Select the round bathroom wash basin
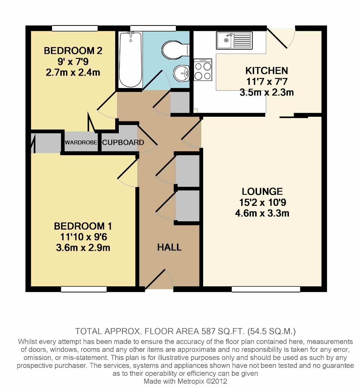point(181,74)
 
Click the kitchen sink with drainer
point(234,40)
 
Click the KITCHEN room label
point(266,70)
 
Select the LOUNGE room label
point(262,191)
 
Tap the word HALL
point(169,247)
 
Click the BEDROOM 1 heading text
point(83,226)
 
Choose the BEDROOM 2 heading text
point(73,51)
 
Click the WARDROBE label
point(81,143)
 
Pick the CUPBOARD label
point(123,143)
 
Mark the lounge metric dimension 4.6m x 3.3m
point(262,214)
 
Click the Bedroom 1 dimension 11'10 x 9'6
point(83,237)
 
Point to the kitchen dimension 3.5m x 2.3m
point(266,92)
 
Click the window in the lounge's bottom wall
point(266,289)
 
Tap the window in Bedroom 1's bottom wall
point(84,289)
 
